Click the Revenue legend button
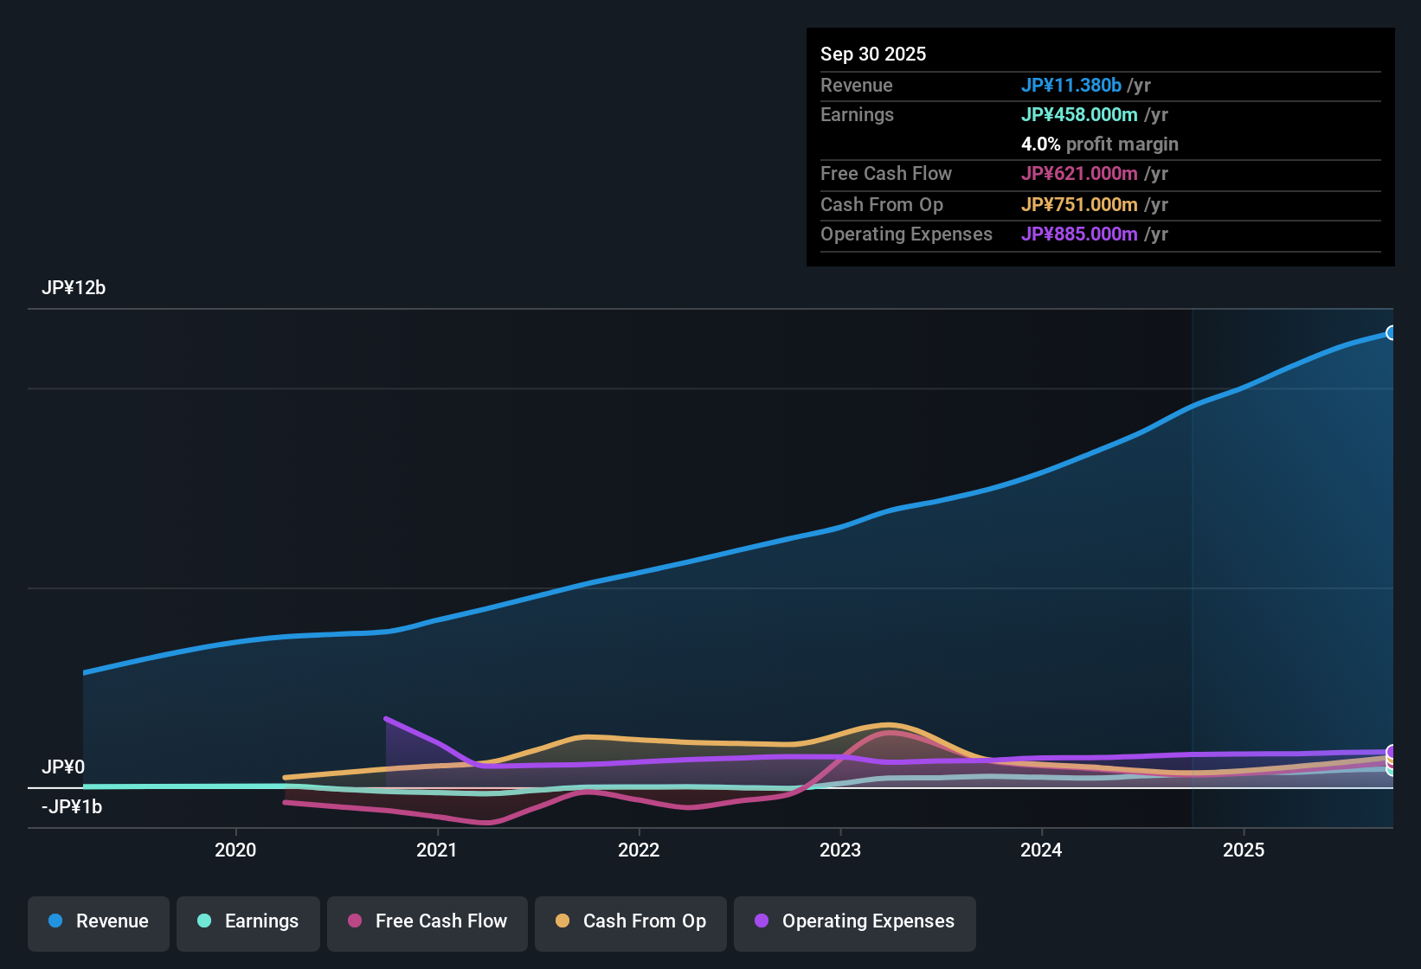(99, 921)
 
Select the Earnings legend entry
(248, 921)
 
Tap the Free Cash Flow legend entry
(428, 921)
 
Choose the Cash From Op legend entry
(631, 921)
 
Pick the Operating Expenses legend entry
(855, 921)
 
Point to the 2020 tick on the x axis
(235, 850)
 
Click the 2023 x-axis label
(840, 850)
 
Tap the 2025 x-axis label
(1244, 850)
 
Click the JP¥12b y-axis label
(74, 288)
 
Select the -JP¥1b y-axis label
(72, 807)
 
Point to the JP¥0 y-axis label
(63, 767)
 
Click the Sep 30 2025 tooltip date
(873, 54)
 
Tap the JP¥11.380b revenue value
(1071, 85)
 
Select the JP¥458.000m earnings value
(1079, 114)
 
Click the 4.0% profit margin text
(1099, 144)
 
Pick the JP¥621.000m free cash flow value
(1079, 173)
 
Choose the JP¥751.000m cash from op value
(1079, 204)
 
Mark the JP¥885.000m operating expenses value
(1079, 234)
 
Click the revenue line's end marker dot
(1391, 333)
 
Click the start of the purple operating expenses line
(386, 718)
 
